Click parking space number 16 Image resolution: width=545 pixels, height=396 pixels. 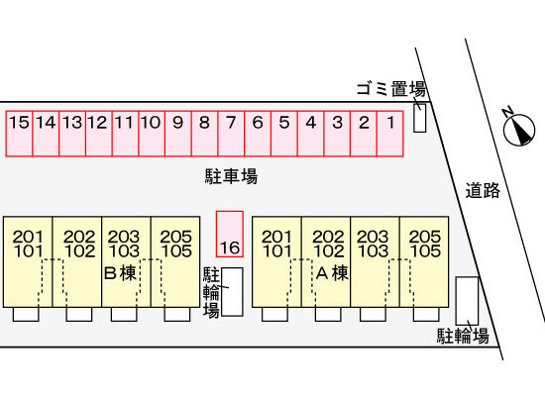(230, 234)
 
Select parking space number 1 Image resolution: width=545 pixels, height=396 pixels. (390, 134)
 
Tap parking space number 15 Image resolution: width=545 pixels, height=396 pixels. (19, 134)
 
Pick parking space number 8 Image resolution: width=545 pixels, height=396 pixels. (205, 134)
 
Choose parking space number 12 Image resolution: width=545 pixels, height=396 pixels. (99, 134)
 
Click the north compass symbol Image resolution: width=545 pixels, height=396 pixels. (518, 129)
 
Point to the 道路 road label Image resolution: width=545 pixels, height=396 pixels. (483, 191)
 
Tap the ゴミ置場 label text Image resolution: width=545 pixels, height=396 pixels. (391, 89)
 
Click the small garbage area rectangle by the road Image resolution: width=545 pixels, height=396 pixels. (419, 118)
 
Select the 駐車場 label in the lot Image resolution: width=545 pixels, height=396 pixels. (231, 176)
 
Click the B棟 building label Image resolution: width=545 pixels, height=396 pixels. (120, 273)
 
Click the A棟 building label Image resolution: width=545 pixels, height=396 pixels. (332, 273)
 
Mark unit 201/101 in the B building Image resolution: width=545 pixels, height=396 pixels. (28, 262)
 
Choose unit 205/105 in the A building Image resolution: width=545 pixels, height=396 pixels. (424, 262)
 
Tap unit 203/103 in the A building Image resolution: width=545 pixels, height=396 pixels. (375, 262)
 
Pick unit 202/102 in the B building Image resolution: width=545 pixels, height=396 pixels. (77, 262)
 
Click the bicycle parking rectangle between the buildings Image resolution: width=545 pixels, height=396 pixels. (232, 292)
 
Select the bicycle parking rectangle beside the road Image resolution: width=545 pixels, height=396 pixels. (467, 301)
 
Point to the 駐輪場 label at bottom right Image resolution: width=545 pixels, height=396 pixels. (463, 337)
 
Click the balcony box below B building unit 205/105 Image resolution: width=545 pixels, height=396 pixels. (177, 315)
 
